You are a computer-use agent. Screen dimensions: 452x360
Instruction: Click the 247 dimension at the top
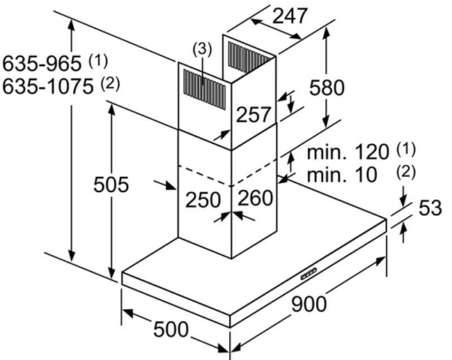[x=289, y=15]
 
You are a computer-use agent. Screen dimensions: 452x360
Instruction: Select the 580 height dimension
[x=327, y=88]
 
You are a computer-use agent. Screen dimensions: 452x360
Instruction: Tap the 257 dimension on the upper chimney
[x=254, y=115]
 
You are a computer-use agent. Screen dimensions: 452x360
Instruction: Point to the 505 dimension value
[x=111, y=185]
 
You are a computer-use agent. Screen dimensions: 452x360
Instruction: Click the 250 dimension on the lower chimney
[x=203, y=200]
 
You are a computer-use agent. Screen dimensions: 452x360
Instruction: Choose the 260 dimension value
[x=255, y=198]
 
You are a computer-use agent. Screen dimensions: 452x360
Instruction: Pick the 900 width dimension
[x=309, y=304]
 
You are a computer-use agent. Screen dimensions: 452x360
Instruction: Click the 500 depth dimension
[x=171, y=329]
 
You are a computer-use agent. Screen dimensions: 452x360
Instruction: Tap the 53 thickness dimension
[x=430, y=208]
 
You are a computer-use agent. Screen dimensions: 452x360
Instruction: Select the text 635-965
[x=42, y=63]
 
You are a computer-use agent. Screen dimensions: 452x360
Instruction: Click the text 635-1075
[x=48, y=86]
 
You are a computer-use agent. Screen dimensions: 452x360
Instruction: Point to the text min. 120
[x=348, y=152]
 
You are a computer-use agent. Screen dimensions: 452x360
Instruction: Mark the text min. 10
[x=342, y=174]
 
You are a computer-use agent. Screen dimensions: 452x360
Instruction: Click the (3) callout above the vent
[x=202, y=49]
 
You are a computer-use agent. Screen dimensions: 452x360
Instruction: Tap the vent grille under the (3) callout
[x=204, y=90]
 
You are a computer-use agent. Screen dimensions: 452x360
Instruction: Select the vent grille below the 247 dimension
[x=249, y=57]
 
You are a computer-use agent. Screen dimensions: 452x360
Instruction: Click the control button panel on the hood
[x=309, y=274]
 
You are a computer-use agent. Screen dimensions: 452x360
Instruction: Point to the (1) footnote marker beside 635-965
[x=98, y=61]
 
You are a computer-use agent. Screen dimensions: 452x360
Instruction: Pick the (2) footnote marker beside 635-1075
[x=110, y=84]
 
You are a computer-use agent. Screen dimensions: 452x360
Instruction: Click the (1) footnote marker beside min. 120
[x=406, y=149]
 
